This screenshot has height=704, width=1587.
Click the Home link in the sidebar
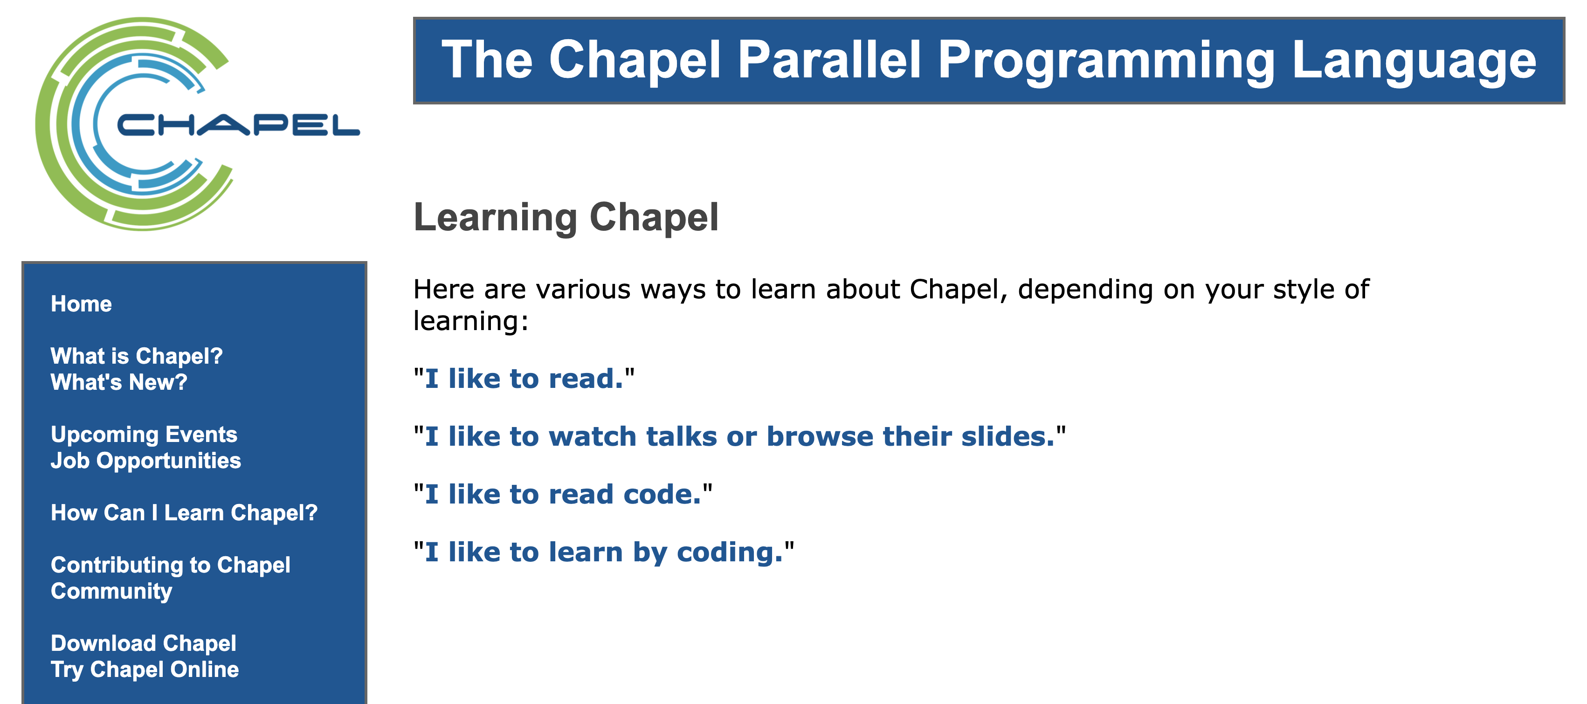81,304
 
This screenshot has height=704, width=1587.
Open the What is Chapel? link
137,356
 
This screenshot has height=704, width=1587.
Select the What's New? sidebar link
119,382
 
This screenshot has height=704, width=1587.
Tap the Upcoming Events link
144,434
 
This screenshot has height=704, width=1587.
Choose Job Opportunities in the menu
146,461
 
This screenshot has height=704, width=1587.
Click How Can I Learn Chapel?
184,512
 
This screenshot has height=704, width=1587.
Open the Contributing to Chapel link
171,565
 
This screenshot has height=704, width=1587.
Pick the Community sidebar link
111,591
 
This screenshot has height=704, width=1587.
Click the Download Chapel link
144,643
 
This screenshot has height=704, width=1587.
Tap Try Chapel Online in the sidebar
145,669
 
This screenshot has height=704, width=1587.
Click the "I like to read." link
524,378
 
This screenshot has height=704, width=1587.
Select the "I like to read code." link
562,494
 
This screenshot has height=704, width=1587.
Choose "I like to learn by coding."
604,552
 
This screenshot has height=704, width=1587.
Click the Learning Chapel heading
566,217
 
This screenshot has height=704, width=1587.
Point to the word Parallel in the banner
829,60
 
